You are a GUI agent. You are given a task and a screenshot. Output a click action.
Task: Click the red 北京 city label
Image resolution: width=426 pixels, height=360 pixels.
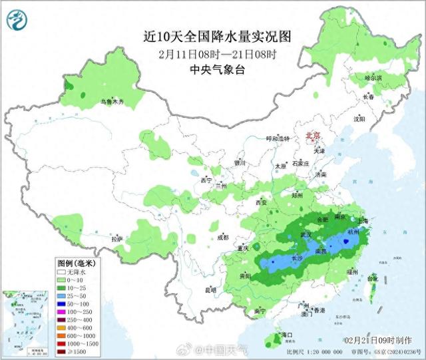click(x=312, y=136)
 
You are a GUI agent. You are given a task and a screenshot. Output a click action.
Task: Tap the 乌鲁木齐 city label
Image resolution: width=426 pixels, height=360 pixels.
click(x=111, y=102)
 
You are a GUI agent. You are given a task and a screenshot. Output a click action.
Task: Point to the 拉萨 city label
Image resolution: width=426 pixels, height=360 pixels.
click(x=117, y=239)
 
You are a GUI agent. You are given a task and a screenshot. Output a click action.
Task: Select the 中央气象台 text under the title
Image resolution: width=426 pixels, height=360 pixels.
click(x=218, y=69)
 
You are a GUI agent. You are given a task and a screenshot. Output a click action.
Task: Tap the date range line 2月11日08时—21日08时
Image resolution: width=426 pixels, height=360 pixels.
click(x=218, y=53)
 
